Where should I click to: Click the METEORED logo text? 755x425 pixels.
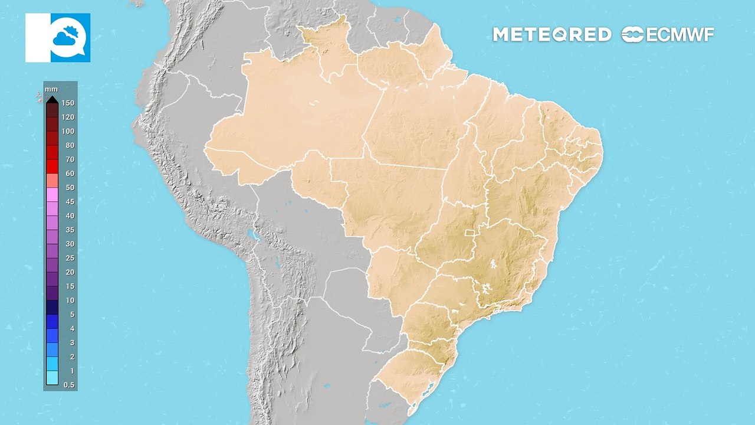coord(552,35)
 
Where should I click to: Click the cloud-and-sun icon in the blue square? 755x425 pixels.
coord(70,38)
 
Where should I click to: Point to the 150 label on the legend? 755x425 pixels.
coord(68,103)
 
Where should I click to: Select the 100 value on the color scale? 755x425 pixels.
coord(68,131)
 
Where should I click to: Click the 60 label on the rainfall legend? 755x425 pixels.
coord(70,174)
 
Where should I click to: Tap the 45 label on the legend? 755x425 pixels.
coord(70,201)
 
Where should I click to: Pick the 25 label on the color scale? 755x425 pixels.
coord(70,258)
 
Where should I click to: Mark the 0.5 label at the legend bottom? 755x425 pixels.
coord(69,385)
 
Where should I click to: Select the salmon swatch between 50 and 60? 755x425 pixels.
coord(52,181)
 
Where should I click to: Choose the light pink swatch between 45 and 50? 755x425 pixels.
coord(52,194)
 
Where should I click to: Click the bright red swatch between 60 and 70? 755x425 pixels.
coord(52,166)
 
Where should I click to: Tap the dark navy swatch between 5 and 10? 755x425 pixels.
coord(52,307)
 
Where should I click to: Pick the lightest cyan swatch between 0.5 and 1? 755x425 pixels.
coord(52,378)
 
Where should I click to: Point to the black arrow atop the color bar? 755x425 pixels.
coord(52,99)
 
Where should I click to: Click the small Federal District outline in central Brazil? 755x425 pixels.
coord(470,233)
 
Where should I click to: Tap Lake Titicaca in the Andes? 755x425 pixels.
coord(254,236)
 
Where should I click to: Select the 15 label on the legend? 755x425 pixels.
coord(70,286)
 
